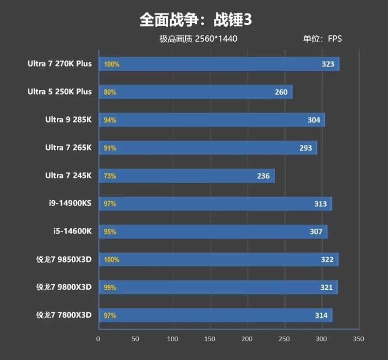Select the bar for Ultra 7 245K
pyautogui.click(x=187, y=176)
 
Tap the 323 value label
pyautogui.click(x=328, y=64)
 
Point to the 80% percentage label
pyautogui.click(x=110, y=92)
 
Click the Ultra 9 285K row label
pyautogui.click(x=68, y=120)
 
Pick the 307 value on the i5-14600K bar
pyautogui.click(x=316, y=232)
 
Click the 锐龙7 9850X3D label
pyautogui.click(x=64, y=260)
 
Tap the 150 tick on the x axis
pyautogui.click(x=210, y=339)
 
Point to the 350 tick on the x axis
pyautogui.click(x=358, y=339)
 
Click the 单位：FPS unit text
pyautogui.click(x=323, y=39)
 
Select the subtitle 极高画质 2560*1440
pyautogui.click(x=198, y=39)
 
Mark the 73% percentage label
pyautogui.click(x=110, y=176)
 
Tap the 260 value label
pyautogui.click(x=281, y=92)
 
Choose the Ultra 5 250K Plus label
pyautogui.click(x=60, y=92)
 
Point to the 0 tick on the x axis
pyautogui.click(x=98, y=339)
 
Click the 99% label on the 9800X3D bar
pyautogui.click(x=110, y=288)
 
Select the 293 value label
pyautogui.click(x=306, y=148)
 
